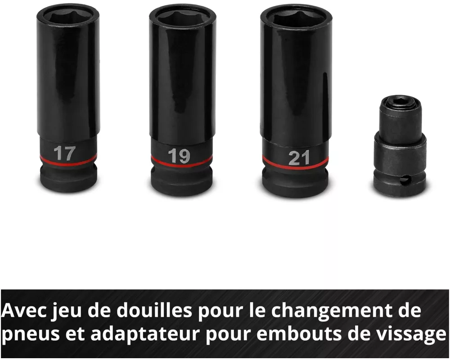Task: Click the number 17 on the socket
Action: tap(64, 153)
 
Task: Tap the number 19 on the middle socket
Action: tap(179, 156)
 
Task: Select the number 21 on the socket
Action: tap(299, 158)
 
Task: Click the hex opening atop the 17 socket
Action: tap(68, 16)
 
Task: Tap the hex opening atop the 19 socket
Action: tap(183, 18)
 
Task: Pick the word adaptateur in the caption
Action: tap(145, 334)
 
